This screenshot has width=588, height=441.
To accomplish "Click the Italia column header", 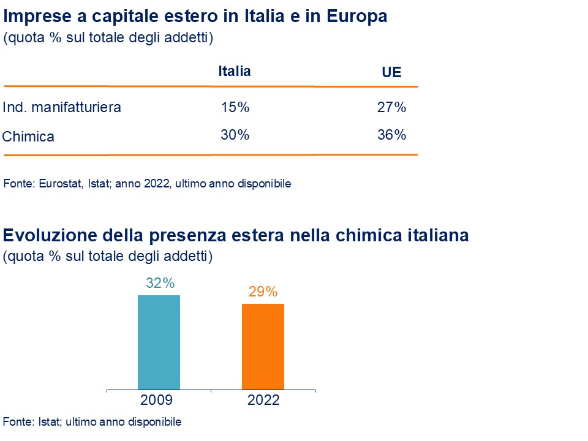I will pos(235,71).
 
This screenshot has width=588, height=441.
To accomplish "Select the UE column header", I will pos(391,72).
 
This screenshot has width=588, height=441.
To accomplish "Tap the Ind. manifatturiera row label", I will pos(62,108).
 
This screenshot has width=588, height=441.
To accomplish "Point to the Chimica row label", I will pos(28,137).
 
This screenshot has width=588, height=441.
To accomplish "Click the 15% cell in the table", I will pos(235,108).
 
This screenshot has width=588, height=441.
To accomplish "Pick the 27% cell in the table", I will pos(392,108).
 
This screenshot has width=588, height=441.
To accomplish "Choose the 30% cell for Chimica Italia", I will pos(235,135).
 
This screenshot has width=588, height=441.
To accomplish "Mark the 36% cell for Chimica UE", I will pos(392,135).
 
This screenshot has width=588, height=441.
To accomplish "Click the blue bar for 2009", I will pos(159,342).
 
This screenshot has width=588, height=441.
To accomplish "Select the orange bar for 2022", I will pos(263,347).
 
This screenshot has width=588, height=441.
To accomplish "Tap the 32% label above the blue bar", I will pos(160,284).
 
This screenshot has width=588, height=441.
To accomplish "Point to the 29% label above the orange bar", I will pos(263,292).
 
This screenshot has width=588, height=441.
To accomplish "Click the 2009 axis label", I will pos(156,401).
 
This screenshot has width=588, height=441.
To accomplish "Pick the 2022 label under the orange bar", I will pos(263,401).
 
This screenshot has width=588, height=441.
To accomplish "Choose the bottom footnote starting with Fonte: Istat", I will pos(92,422).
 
